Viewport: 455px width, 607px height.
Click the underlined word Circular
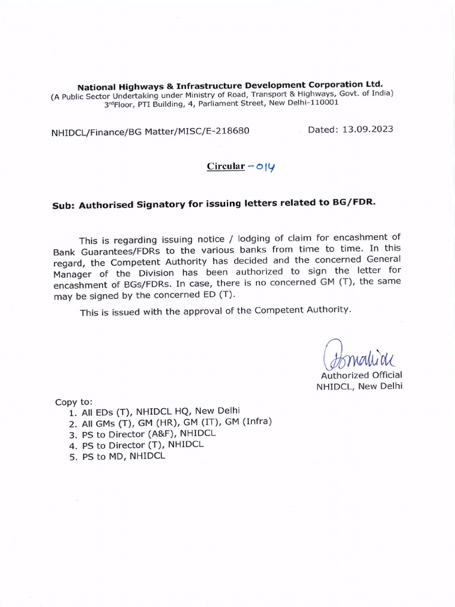[226, 167]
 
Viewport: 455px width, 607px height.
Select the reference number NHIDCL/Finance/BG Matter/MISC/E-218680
[150, 131]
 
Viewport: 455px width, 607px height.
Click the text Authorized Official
[361, 375]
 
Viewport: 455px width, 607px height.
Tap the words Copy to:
[74, 401]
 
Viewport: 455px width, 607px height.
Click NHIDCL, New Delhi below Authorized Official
[359, 386]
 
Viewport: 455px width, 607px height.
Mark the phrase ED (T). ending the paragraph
[219, 295]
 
